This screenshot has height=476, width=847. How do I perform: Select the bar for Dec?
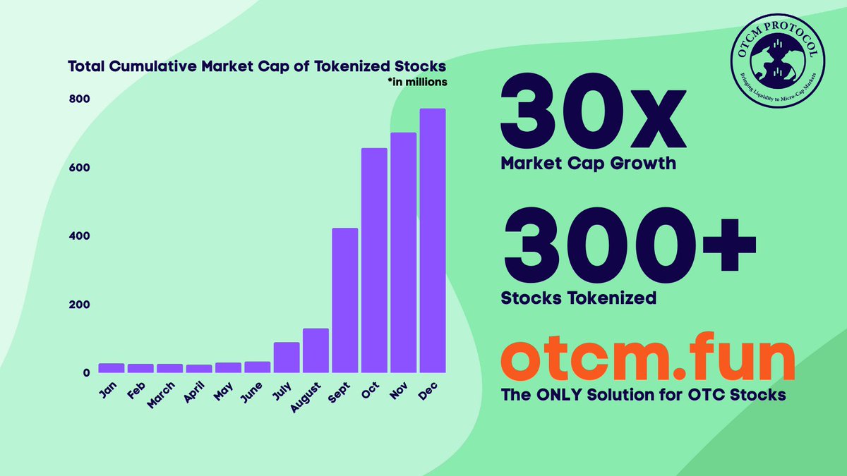[x=433, y=240]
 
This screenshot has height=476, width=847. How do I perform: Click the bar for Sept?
[x=345, y=300]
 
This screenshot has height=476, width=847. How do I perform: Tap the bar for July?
[x=287, y=358]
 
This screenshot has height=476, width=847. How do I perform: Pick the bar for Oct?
[x=374, y=260]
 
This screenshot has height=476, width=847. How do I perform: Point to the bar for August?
[x=316, y=350]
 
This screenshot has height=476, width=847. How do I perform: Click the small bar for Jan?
[x=112, y=368]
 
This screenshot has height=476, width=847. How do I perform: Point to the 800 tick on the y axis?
[x=78, y=99]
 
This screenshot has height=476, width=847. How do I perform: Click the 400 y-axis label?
[x=78, y=236]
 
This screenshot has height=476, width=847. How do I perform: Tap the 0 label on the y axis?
[x=84, y=372]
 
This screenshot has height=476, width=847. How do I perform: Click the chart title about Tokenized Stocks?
[x=256, y=67]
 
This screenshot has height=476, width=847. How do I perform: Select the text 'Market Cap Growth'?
[x=588, y=164]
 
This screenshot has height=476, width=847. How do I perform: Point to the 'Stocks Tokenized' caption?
[x=578, y=298]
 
